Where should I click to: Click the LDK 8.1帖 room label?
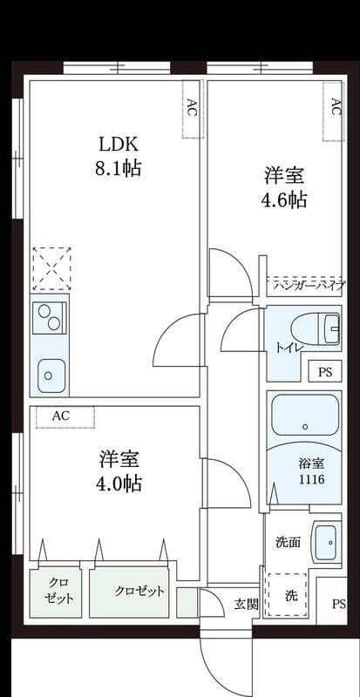(118, 155)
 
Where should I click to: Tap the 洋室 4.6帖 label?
(285, 187)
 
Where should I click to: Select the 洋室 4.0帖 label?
(119, 470)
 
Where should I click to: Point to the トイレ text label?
(289, 348)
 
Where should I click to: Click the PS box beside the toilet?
(325, 372)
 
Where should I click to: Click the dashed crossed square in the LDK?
(50, 268)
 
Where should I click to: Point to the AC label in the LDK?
(191, 108)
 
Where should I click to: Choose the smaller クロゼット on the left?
(58, 592)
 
